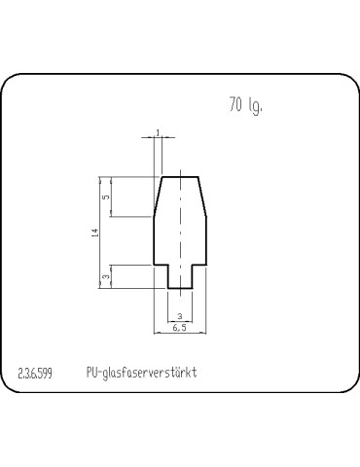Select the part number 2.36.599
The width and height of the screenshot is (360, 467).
[37, 374]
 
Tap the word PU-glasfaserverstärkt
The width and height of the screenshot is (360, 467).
[142, 374]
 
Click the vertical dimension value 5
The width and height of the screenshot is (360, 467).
[106, 197]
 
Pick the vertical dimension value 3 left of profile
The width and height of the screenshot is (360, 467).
[106, 277]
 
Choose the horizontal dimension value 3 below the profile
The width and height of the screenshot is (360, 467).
[180, 315]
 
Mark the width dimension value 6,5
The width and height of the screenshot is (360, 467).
[180, 328]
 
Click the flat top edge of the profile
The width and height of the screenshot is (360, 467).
[180, 177]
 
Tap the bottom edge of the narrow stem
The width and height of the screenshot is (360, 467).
[180, 288]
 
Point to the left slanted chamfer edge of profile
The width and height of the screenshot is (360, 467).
[158, 197]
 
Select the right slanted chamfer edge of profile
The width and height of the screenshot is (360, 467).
[202, 197]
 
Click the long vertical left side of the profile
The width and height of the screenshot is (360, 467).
[155, 240]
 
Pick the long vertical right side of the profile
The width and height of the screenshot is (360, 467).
[206, 240]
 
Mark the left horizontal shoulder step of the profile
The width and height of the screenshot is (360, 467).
[161, 265]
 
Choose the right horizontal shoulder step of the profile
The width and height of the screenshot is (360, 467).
[198, 265]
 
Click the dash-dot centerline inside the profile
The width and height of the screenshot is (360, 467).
[180, 233]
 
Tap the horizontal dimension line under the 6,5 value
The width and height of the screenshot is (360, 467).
[180, 333]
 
